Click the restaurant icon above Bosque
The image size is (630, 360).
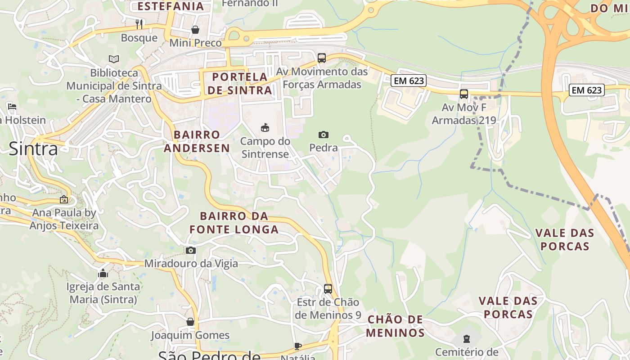tap(139, 24)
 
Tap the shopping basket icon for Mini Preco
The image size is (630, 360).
tap(195, 30)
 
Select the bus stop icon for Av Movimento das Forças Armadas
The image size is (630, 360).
tap(321, 58)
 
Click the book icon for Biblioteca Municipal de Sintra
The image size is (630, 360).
tap(114, 59)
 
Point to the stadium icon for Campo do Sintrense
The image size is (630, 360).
tap(265, 127)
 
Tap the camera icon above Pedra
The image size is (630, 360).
tap(323, 135)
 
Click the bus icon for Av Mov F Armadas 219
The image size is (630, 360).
tap(463, 94)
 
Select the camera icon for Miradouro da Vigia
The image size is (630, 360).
tap(191, 250)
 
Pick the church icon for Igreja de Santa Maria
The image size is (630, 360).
tap(103, 273)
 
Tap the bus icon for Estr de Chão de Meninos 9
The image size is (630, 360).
tap(328, 289)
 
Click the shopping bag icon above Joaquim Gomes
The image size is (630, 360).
tap(190, 322)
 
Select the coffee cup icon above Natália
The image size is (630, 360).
tap(297, 346)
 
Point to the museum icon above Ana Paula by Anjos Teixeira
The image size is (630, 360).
tap(64, 199)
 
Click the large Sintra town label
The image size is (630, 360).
tap(33, 148)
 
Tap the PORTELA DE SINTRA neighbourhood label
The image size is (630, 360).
tap(239, 83)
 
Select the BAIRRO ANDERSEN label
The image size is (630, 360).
tap(197, 141)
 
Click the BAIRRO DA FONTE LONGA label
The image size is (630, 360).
tap(234, 223)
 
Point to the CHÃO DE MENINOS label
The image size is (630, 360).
tap(395, 326)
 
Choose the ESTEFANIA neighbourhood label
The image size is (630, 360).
tap(171, 6)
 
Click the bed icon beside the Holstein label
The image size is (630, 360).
tap(12, 107)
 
